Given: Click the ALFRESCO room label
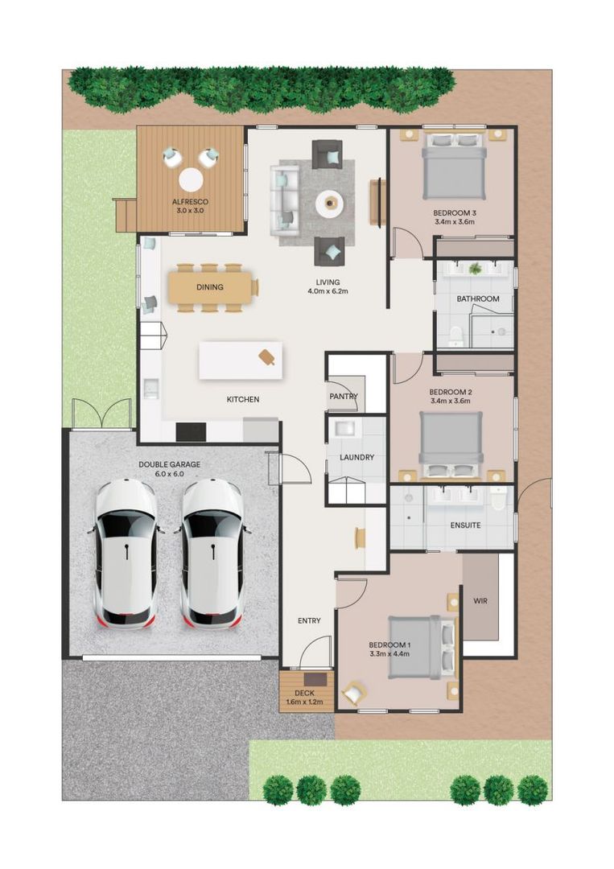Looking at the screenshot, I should click(191, 201).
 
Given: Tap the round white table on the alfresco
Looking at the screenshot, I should click(191, 178).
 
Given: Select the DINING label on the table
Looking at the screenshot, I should click(210, 287).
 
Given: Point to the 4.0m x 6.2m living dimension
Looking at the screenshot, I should click(328, 292).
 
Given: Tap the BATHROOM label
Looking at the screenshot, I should click(478, 299).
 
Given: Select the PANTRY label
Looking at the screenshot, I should click(344, 397).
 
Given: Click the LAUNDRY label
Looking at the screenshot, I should click(357, 458).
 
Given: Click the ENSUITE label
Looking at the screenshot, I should click(465, 525).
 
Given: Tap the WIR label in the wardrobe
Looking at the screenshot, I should click(481, 600).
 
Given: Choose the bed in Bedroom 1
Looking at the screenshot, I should click(415, 647).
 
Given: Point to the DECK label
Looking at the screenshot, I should click(304, 693).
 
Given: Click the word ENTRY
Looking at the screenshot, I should click(309, 620).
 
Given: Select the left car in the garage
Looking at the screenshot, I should click(126, 553).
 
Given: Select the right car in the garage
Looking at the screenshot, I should click(212, 553).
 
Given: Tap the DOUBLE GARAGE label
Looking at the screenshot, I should click(169, 464).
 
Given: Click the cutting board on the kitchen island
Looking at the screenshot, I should click(267, 356).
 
